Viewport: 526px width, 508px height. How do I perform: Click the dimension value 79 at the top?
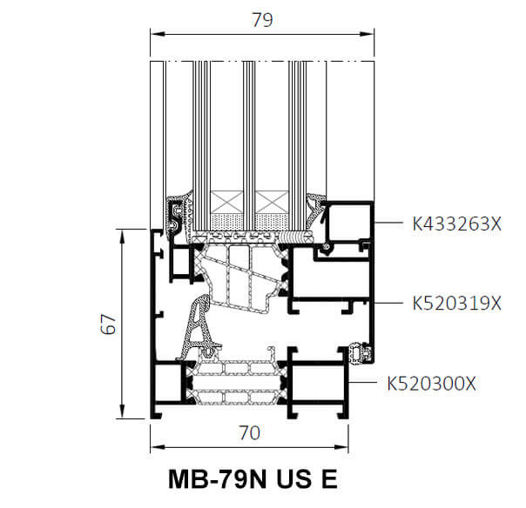click(x=262, y=20)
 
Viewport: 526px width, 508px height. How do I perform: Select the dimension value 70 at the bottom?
click(x=249, y=432)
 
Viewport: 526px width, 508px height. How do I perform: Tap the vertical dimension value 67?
click(x=108, y=324)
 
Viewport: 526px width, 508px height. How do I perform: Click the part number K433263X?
click(x=456, y=224)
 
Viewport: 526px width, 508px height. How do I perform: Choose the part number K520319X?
click(x=456, y=304)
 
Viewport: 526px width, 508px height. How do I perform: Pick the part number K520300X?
click(x=431, y=384)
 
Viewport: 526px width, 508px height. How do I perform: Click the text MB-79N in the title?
click(x=218, y=479)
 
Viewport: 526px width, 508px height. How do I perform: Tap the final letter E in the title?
click(x=329, y=479)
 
